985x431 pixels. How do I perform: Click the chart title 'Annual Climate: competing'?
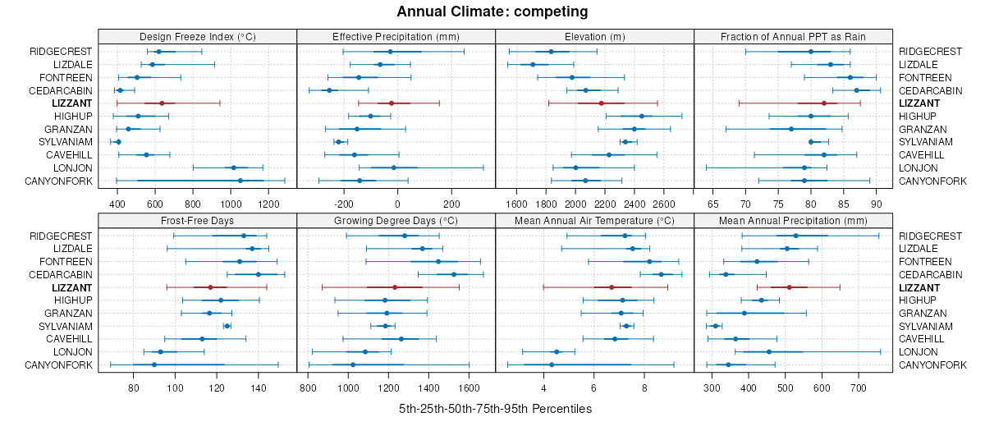coord(492,11)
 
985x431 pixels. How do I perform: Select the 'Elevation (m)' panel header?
coord(595,36)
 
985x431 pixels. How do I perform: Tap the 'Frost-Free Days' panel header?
coord(197,221)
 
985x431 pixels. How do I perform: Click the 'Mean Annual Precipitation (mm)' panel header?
coord(793,221)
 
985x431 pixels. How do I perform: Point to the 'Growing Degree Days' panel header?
coord(396,221)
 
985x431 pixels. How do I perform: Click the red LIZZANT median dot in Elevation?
coord(602,103)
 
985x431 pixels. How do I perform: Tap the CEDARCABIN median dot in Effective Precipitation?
coord(329,90)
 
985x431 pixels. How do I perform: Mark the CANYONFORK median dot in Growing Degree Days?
coord(353,365)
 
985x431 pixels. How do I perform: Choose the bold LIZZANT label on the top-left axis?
coord(71,103)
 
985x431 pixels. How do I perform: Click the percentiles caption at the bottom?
coord(495,408)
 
